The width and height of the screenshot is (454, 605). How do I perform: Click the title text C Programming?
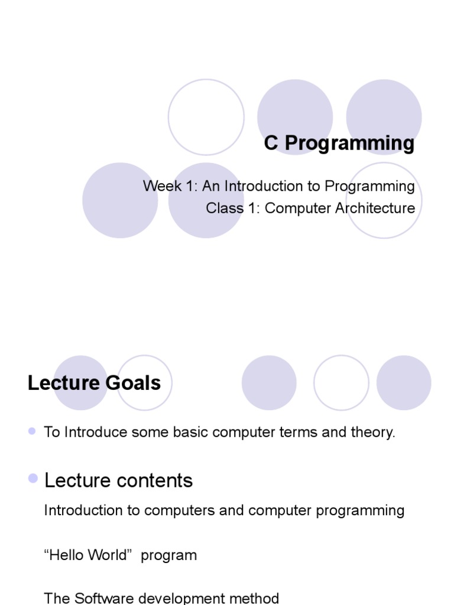[339, 144]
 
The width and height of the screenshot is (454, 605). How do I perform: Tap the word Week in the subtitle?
[160, 186]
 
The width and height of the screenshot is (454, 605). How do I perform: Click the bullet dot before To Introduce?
[33, 432]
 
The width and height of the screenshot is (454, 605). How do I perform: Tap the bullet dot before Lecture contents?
[33, 479]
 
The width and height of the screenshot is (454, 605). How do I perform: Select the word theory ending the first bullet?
[375, 432]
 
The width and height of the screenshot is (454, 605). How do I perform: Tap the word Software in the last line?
[103, 598]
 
